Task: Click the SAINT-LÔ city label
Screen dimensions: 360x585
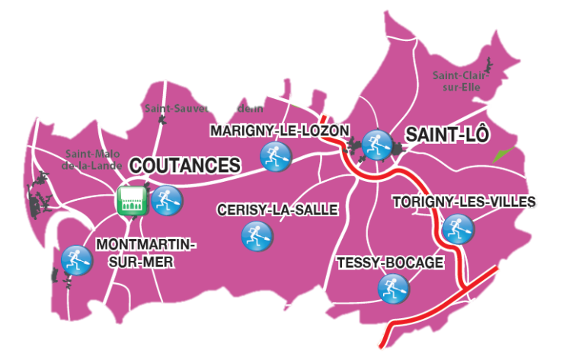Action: (446, 135)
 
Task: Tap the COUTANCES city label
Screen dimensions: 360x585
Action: (185, 165)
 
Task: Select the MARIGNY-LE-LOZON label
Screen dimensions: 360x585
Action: (280, 131)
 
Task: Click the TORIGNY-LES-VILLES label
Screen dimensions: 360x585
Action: (464, 202)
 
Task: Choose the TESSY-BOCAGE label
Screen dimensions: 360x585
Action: (390, 263)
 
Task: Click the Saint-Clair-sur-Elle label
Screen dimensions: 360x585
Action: (460, 81)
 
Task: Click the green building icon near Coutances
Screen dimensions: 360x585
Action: (132, 200)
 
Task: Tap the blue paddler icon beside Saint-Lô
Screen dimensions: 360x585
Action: (376, 144)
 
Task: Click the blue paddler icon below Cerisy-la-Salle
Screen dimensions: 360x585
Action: (256, 235)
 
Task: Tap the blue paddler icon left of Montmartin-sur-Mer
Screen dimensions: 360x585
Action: (75, 260)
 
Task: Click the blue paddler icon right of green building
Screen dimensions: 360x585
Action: (167, 200)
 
